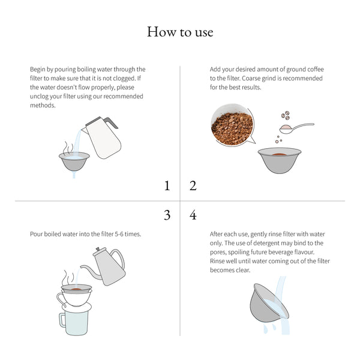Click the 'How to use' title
coord(180,31)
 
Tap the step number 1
coord(167,186)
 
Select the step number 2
coord(193,186)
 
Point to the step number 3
coord(167,215)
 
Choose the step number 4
coord(193,215)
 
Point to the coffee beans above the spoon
coord(287,116)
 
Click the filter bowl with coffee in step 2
coord(280,159)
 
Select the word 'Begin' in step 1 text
coord(39,70)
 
